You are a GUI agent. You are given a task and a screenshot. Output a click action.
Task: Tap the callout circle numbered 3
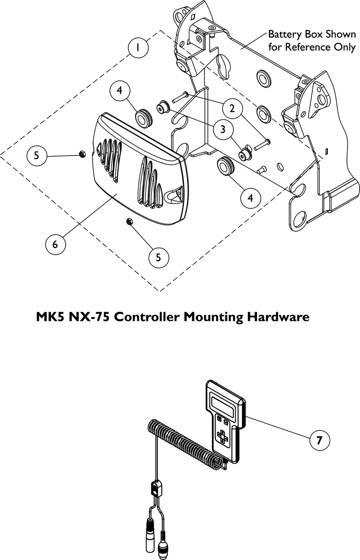(x=222, y=130)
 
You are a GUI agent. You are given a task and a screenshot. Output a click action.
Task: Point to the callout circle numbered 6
(x=55, y=244)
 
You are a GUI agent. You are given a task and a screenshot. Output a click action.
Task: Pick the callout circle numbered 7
(x=318, y=440)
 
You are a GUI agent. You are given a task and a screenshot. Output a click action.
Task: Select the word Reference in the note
(x=306, y=47)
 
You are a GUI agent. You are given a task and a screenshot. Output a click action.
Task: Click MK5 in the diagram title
(x=48, y=317)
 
